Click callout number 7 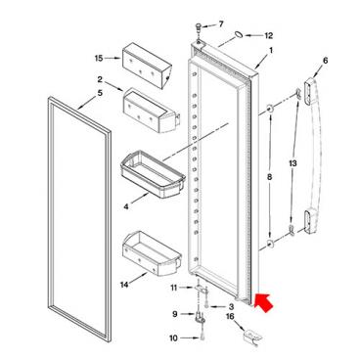pos(221,23)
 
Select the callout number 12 pos(268,35)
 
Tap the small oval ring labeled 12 pos(239,34)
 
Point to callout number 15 pos(99,58)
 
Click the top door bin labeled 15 pos(147,66)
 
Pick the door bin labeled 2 pos(152,111)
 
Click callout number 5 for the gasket pos(100,93)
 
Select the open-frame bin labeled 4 pos(153,174)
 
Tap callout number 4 pos(126,206)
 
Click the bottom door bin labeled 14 pos(152,253)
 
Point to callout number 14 pos(124,285)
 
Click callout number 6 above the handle pos(325,61)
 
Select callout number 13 pos(292,163)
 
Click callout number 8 pos(269,177)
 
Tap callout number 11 pos(174,288)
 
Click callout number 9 pos(175,314)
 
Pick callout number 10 pos(173,338)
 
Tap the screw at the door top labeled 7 pos(199,27)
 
